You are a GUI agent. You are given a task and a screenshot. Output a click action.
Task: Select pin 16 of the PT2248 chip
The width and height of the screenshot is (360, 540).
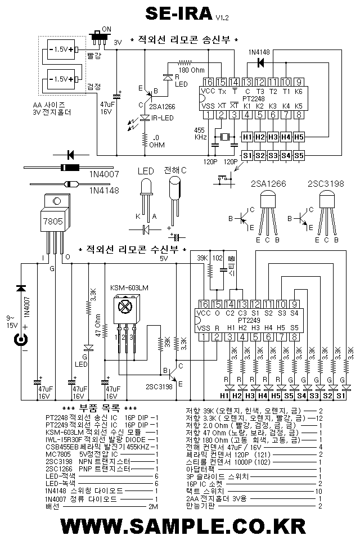point(209,82)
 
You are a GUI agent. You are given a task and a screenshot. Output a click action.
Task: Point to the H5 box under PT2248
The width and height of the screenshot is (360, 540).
point(298,137)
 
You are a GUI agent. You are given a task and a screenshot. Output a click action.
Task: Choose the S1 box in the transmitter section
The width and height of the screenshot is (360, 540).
point(246,155)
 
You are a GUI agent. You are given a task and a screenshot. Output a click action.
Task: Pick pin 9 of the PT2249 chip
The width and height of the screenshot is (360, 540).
point(294,304)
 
